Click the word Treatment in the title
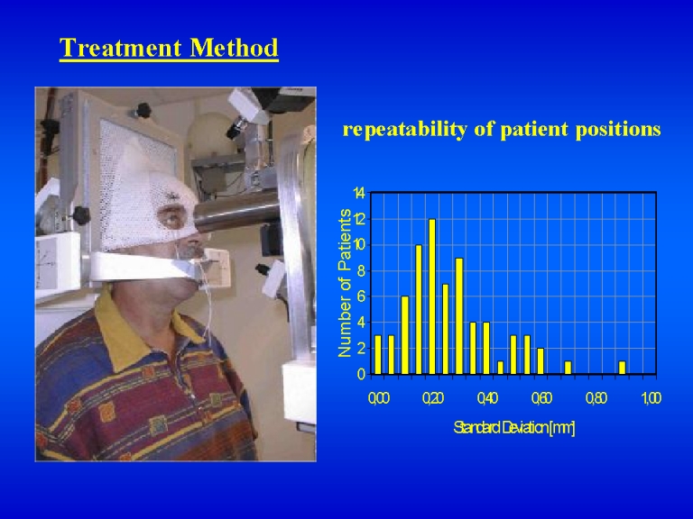click(120, 48)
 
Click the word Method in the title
click(235, 48)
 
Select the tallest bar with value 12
click(432, 296)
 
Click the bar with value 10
click(419, 309)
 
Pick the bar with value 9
click(459, 316)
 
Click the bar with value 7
click(446, 329)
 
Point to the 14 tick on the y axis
click(359, 194)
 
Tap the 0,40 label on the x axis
click(487, 398)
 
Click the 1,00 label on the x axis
click(651, 398)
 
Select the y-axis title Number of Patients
click(345, 283)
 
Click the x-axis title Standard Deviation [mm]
click(514, 428)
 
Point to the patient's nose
click(195, 238)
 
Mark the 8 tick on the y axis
click(362, 270)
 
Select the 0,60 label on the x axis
click(541, 398)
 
